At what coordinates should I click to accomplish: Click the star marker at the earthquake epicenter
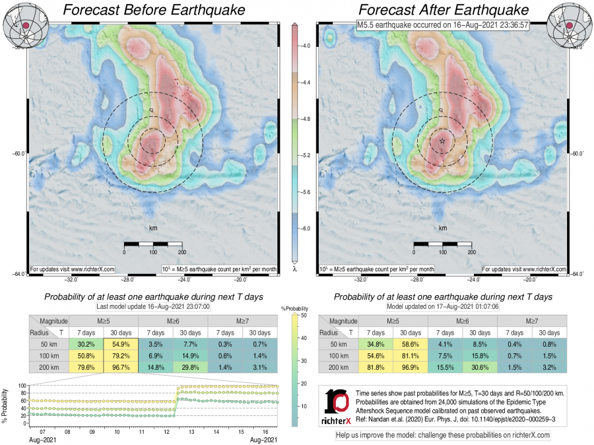pos(442,141)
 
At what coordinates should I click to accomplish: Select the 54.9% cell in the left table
pos(121,345)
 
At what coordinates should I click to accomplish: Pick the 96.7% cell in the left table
pos(121,367)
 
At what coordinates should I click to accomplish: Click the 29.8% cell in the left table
pos(190,367)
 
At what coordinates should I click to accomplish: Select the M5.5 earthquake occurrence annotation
pos(442,24)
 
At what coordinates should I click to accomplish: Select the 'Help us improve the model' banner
pos(442,436)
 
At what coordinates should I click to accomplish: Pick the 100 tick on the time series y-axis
pos(22,386)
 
